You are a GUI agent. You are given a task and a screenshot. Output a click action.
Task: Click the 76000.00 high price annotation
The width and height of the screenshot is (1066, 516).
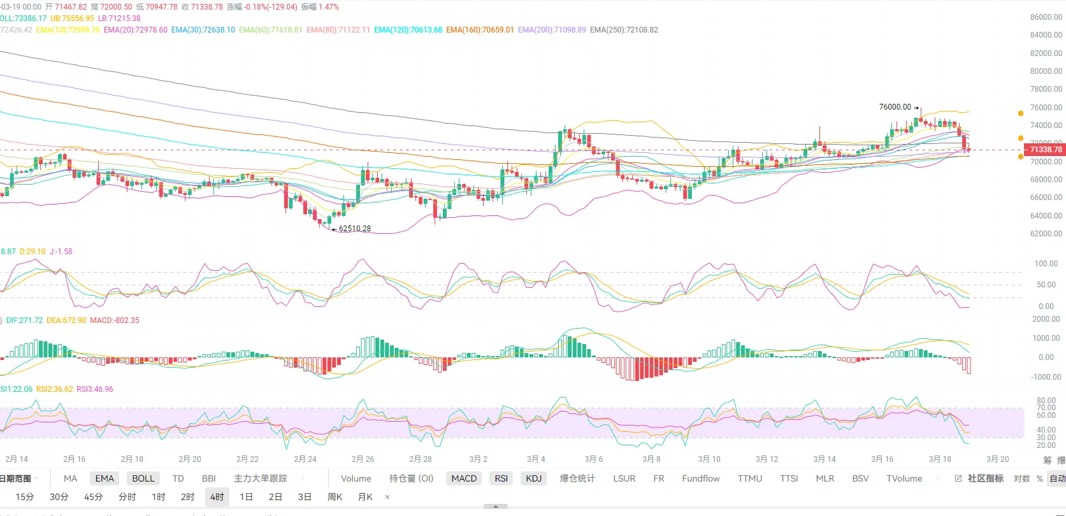[895, 107]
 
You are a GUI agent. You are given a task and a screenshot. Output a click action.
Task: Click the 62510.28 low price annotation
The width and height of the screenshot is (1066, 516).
[354, 229]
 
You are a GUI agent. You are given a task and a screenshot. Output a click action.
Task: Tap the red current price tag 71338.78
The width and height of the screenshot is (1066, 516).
[1046, 150]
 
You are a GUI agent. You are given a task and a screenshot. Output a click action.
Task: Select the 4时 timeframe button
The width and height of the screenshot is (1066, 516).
[217, 497]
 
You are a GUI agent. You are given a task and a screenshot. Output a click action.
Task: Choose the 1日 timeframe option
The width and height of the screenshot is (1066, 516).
[246, 497]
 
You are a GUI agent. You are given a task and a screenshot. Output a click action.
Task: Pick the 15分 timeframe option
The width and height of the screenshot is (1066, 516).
[25, 497]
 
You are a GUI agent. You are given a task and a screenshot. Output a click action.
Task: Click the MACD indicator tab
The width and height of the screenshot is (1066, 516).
[464, 478]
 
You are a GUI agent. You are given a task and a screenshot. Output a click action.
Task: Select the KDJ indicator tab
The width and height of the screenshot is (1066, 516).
[533, 478]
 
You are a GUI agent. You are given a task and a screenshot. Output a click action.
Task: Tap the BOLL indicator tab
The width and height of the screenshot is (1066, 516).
[143, 478]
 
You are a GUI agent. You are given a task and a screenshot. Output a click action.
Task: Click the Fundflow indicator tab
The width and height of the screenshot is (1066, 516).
[701, 478]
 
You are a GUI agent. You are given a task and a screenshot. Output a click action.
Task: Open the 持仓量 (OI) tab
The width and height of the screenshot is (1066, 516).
[411, 478]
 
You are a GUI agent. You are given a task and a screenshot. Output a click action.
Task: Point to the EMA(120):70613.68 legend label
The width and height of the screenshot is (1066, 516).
[408, 30]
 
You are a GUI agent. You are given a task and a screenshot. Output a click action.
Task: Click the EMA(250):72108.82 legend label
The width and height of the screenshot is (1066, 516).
[624, 30]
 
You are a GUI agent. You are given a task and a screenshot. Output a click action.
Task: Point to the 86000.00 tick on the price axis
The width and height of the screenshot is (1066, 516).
[1046, 17]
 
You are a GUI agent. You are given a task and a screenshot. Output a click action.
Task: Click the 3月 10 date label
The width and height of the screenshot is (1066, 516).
[709, 459]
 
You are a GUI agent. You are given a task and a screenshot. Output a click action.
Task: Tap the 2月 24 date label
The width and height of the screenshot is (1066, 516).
[305, 459]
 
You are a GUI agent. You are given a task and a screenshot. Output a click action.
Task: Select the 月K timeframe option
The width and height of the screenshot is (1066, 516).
[365, 497]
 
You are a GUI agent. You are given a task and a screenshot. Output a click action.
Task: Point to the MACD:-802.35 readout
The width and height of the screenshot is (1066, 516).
[115, 320]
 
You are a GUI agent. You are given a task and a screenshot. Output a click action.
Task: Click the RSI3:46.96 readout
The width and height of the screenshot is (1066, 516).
[95, 389]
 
